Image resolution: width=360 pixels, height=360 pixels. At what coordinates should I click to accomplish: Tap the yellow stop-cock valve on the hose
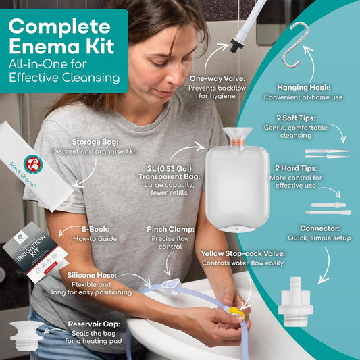pos(234,313)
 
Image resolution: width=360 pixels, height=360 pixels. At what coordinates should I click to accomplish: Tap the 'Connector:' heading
pos(319,229)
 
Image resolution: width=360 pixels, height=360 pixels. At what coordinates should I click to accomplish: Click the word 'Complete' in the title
pos(59,28)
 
